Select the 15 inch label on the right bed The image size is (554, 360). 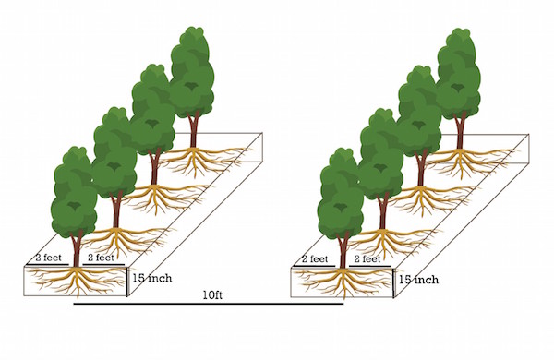[x=416, y=277]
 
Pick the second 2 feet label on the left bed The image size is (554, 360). [x=102, y=258]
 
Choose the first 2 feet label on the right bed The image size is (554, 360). [x=317, y=259]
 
